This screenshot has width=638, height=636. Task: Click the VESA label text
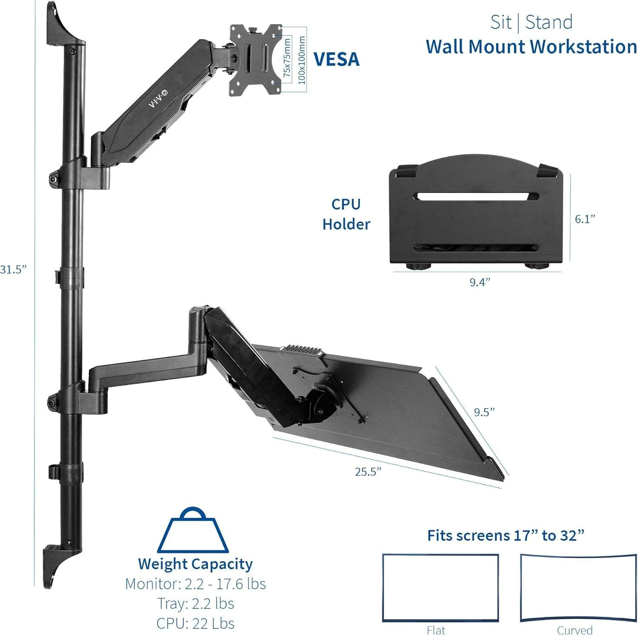pyautogui.click(x=336, y=59)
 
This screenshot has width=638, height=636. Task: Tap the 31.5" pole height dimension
pyautogui.click(x=13, y=270)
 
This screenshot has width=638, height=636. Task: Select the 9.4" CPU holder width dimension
pyautogui.click(x=480, y=282)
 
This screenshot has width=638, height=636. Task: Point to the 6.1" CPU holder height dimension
pyautogui.click(x=585, y=219)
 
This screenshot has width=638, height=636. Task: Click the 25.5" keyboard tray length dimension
pyautogui.click(x=368, y=471)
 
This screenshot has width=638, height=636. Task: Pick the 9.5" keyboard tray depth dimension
pyautogui.click(x=484, y=412)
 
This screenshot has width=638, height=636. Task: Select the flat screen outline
pyautogui.click(x=440, y=587)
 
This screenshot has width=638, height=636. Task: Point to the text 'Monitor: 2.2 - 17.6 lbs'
pyautogui.click(x=195, y=584)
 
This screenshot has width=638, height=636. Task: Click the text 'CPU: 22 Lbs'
pyautogui.click(x=195, y=623)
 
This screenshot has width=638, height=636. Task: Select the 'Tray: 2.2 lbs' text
pyautogui.click(x=195, y=603)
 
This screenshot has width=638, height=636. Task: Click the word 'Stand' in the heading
pyautogui.click(x=549, y=22)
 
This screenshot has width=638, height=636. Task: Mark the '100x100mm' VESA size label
pyautogui.click(x=302, y=60)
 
